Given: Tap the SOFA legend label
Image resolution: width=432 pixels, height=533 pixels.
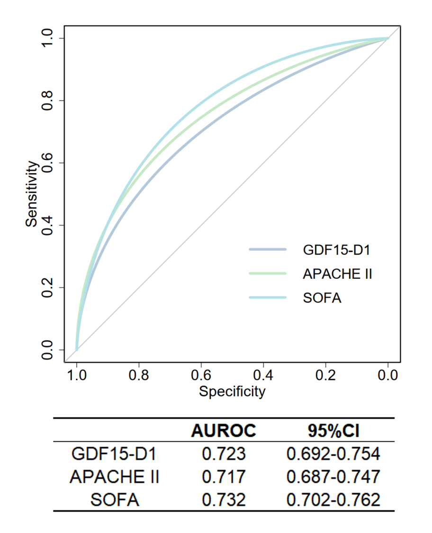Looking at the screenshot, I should [x=322, y=298].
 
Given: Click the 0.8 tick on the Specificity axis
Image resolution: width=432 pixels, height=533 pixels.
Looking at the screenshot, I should [x=139, y=377].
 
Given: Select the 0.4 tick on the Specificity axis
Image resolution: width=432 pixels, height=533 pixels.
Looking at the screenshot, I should [x=263, y=377].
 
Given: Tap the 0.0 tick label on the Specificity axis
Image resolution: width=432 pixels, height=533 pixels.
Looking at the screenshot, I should [x=388, y=377].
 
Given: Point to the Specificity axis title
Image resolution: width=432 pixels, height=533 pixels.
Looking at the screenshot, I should [x=232, y=392].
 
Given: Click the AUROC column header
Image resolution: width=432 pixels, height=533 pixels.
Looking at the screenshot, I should [x=224, y=431].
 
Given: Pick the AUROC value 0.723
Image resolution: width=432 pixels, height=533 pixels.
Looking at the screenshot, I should [x=224, y=454].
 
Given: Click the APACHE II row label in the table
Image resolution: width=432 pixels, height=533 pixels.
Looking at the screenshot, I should [x=114, y=477].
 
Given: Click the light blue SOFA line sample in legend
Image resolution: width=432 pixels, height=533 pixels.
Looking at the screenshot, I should [x=268, y=298].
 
